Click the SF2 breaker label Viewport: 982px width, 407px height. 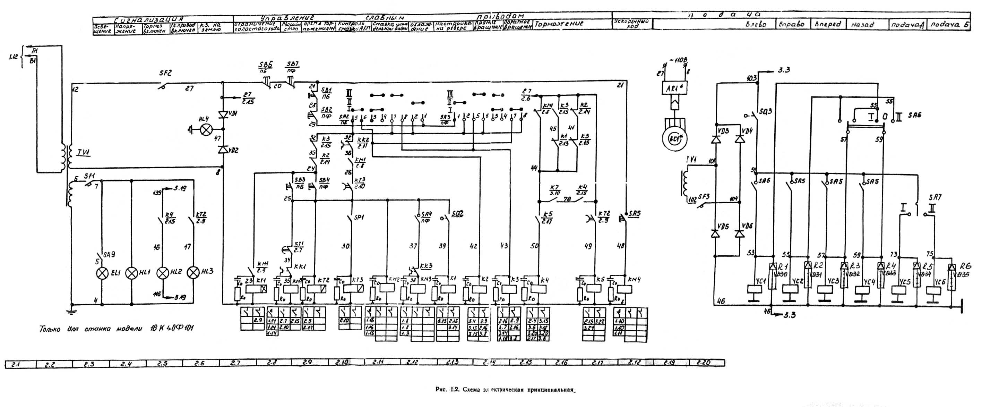[165, 73]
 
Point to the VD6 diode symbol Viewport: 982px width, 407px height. [740, 234]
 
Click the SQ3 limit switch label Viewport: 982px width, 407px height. [766, 111]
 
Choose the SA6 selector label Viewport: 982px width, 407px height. [914, 115]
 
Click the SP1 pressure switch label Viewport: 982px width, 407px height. [359, 218]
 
